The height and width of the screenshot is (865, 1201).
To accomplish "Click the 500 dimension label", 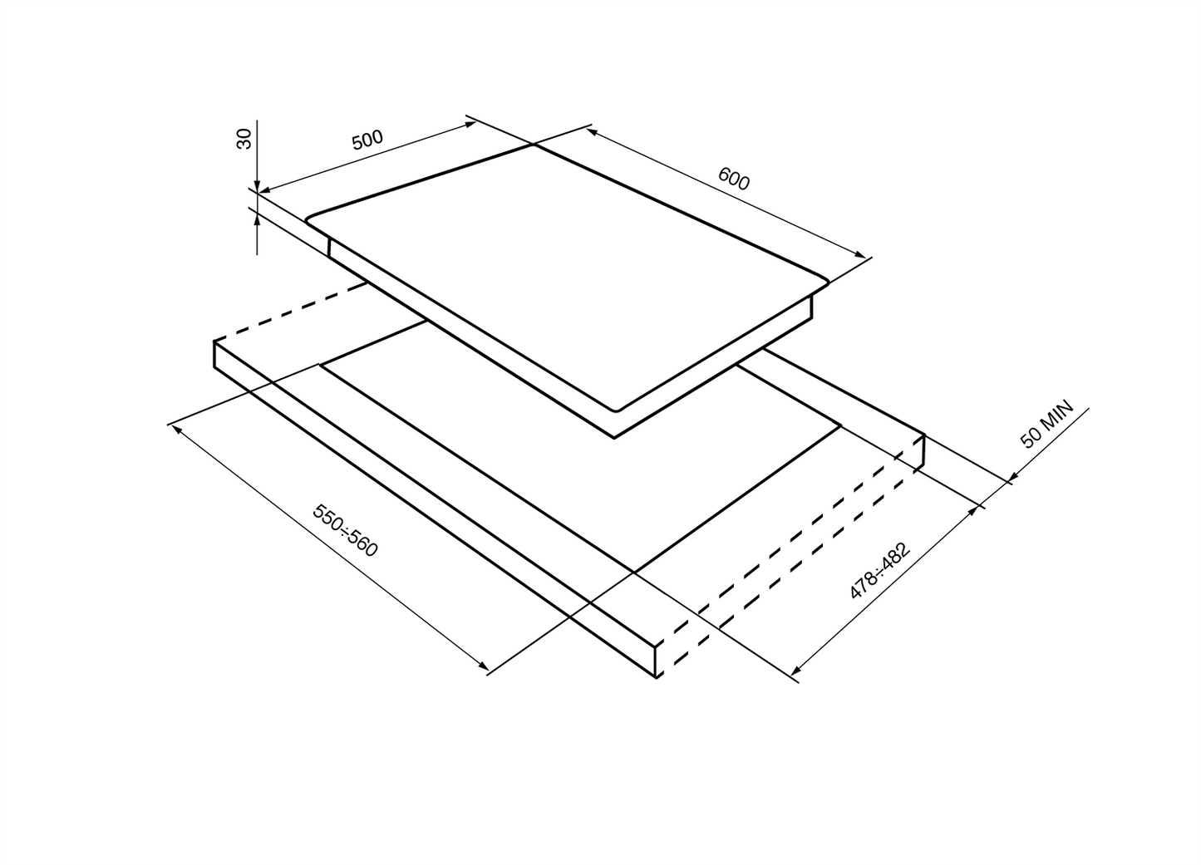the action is tap(367, 140).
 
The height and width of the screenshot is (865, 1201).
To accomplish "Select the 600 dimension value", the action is tap(733, 179).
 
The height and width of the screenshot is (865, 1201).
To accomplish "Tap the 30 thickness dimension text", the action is tap(244, 139).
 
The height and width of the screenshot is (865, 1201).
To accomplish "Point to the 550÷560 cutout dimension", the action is tap(345, 530).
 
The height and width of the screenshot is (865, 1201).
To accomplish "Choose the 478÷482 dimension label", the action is tap(880, 571).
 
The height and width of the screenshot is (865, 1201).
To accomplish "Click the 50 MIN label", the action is tap(1046, 424).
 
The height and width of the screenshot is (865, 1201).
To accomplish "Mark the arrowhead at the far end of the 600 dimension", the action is tap(860, 254).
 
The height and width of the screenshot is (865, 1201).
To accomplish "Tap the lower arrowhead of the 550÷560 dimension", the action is tap(484, 666).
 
